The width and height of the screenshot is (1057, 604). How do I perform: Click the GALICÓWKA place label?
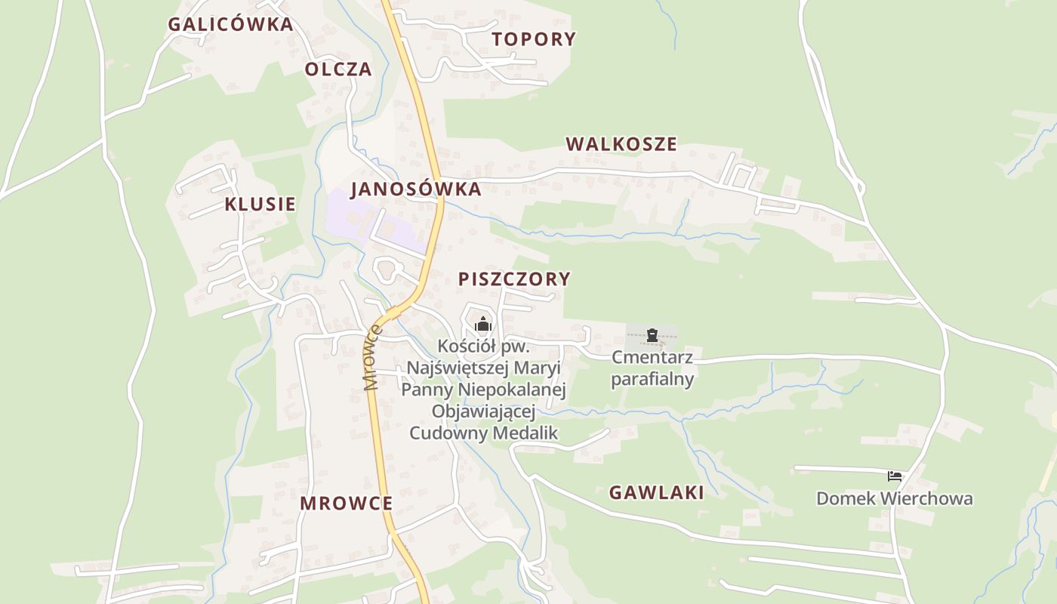point(230,24)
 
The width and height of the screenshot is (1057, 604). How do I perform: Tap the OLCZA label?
point(338,69)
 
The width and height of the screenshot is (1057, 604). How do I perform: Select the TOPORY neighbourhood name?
point(534,39)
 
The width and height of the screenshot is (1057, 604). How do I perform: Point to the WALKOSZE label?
point(621,144)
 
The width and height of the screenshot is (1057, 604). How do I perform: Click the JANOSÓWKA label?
point(415,190)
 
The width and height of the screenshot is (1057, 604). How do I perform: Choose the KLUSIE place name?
point(260,205)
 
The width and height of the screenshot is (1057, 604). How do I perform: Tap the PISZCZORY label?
point(514,279)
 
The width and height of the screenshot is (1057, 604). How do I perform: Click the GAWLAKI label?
point(656,493)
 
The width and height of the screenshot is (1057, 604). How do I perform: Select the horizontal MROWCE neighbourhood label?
point(346,504)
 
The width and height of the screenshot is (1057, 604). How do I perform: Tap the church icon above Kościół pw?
point(483,325)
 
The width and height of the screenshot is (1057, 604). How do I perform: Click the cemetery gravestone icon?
point(652,335)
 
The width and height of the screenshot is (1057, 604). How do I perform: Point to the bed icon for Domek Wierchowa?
point(895,476)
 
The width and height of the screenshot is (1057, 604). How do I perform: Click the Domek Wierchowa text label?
point(895,499)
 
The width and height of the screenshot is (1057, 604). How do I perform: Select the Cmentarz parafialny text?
point(652,368)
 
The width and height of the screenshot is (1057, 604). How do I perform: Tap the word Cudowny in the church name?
point(448,433)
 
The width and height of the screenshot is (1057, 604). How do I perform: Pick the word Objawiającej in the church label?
point(483,411)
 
